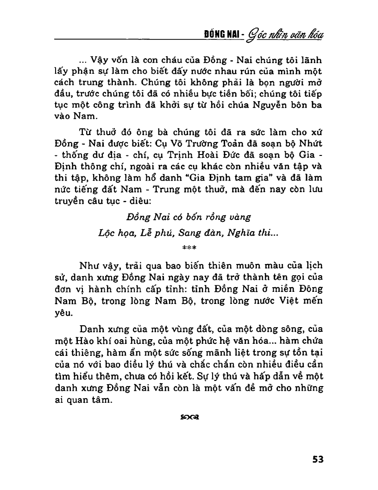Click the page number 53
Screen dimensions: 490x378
pos(317,459)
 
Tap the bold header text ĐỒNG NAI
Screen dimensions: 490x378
pos(222,35)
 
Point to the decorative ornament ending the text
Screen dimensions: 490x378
pos(189,417)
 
